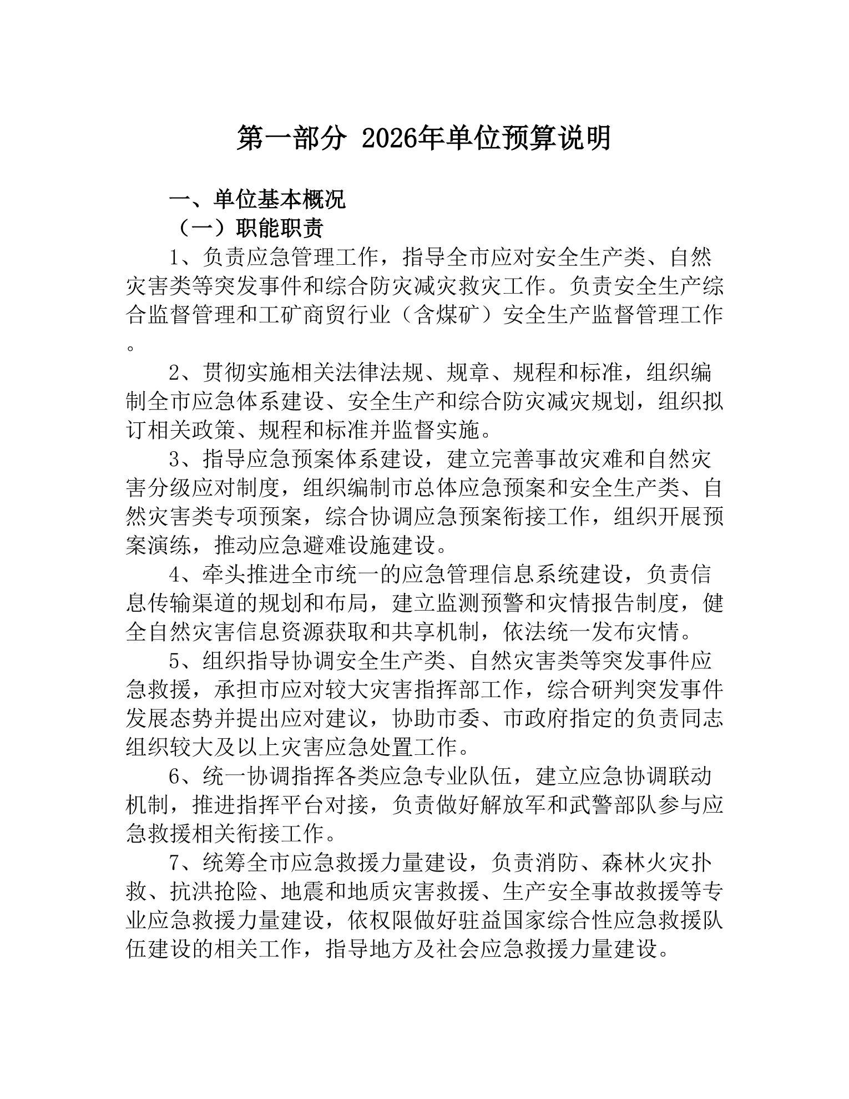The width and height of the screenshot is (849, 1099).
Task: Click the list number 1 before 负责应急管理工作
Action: [x=175, y=258]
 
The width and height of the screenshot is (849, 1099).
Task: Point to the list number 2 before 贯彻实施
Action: [x=175, y=373]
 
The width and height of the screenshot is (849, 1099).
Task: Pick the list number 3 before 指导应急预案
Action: [x=175, y=460]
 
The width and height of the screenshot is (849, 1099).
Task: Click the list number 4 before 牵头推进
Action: [x=175, y=575]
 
